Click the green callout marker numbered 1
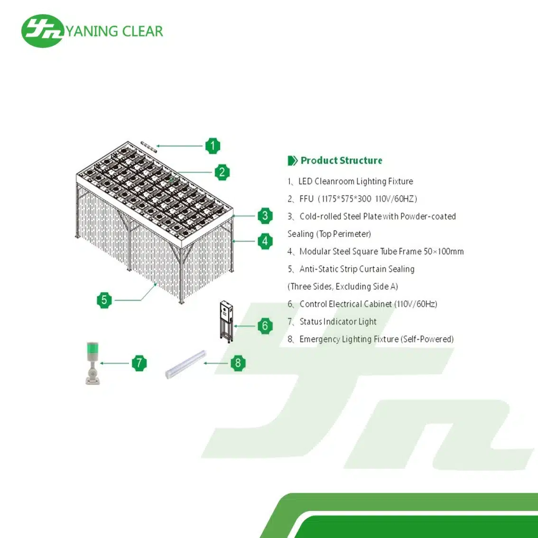(x=213, y=146)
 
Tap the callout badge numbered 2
(x=222, y=172)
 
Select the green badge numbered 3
(x=265, y=216)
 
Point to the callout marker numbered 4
(x=265, y=241)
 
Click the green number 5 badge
(x=104, y=300)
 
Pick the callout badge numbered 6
(x=265, y=326)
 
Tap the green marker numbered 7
(x=139, y=363)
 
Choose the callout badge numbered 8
(x=238, y=363)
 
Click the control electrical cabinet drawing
(x=227, y=320)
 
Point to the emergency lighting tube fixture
(x=186, y=364)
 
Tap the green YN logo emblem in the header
(x=42, y=31)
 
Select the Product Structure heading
(x=341, y=160)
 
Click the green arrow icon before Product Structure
(x=292, y=161)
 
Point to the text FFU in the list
(x=306, y=199)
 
